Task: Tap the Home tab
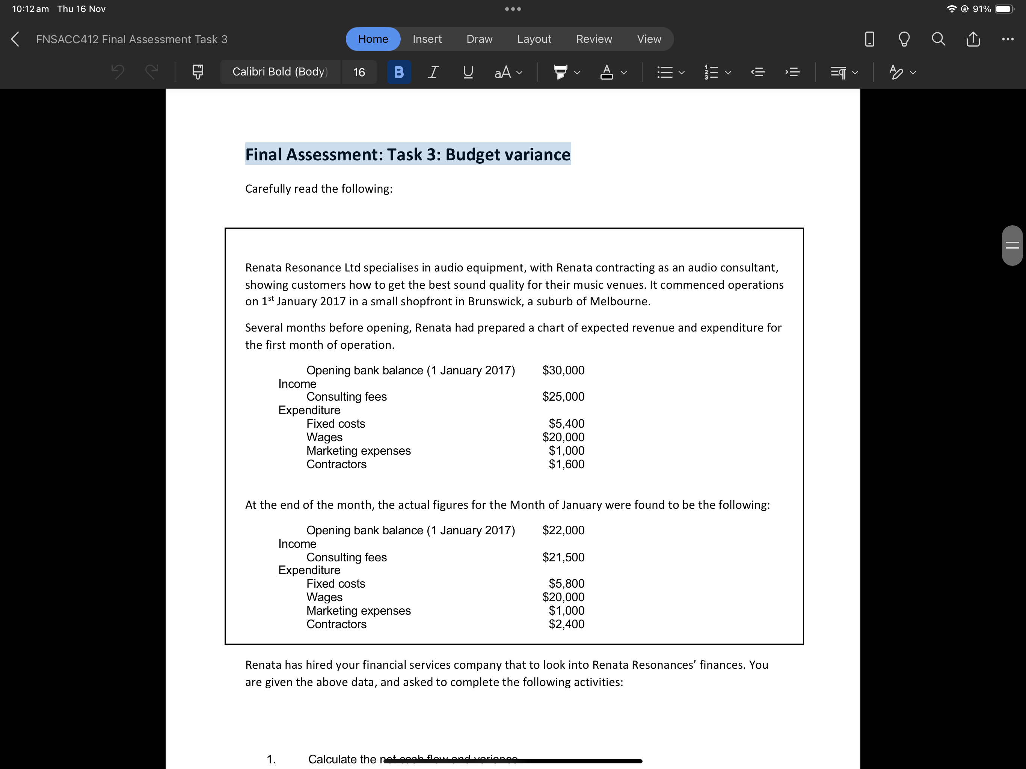[x=373, y=39]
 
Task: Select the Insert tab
[x=427, y=39]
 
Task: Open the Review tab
[x=594, y=39]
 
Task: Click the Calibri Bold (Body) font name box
[x=280, y=72]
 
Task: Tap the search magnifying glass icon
[x=938, y=39]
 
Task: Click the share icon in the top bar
[x=973, y=39]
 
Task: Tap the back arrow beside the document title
[x=15, y=39]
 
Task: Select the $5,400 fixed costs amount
[x=566, y=424]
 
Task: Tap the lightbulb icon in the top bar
[x=904, y=39]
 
